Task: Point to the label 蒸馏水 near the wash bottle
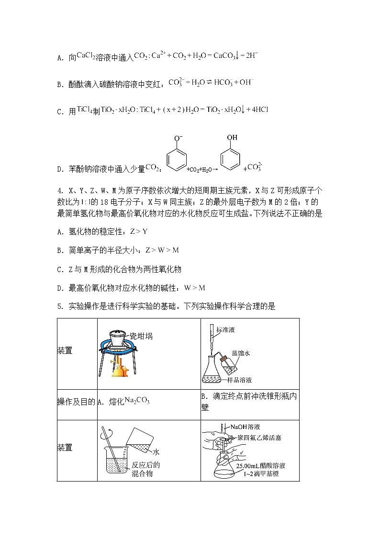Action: coord(241,353)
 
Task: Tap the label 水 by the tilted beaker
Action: coord(156,451)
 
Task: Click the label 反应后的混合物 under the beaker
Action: coord(144,469)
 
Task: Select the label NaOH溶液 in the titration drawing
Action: coord(245,427)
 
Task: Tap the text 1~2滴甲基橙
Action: coord(261,474)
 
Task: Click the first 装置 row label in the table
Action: coord(65,351)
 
